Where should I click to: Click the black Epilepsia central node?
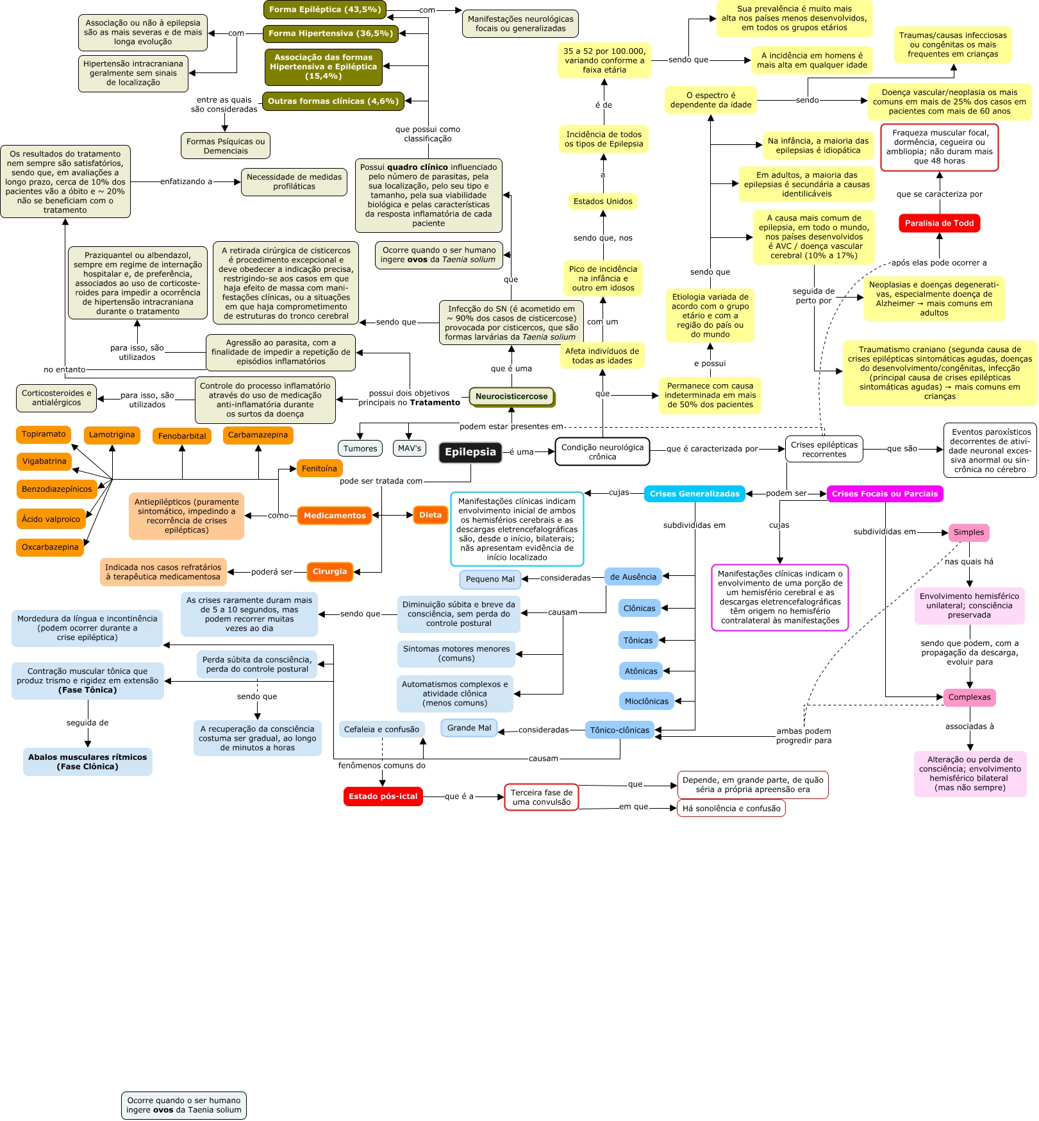470,452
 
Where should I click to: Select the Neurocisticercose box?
511,396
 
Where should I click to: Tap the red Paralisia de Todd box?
939,223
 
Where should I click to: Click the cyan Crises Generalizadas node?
694,494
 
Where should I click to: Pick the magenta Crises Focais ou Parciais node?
885,494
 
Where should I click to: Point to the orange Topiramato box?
44,434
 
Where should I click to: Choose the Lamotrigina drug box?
112,435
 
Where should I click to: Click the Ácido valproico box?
51,519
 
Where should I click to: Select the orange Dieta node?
430,515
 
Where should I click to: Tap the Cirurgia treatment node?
329,571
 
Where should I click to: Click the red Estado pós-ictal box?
383,796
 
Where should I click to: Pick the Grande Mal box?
469,728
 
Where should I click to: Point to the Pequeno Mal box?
490,579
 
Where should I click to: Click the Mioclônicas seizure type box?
646,702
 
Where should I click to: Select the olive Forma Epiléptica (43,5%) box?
325,10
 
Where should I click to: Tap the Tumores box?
360,449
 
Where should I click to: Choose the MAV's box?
409,448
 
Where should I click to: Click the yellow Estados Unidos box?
603,201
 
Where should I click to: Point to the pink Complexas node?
969,697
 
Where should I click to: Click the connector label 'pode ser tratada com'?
381,481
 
